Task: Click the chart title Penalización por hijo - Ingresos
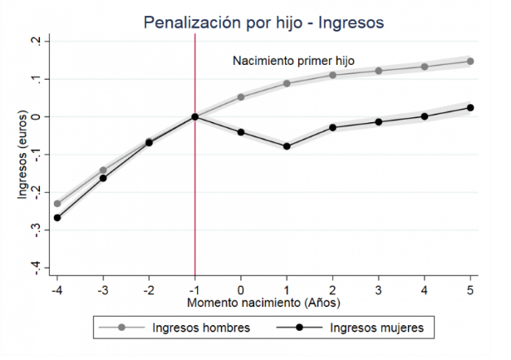pos(264,22)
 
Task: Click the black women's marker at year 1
pos(287,146)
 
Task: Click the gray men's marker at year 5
pos(470,62)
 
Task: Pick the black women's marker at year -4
pos(57,218)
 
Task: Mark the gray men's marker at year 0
pos(241,97)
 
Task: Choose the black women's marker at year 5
pos(470,107)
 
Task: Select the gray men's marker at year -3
pos(103,170)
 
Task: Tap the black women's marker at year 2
pos(332,127)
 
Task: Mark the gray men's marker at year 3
pos(379,71)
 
